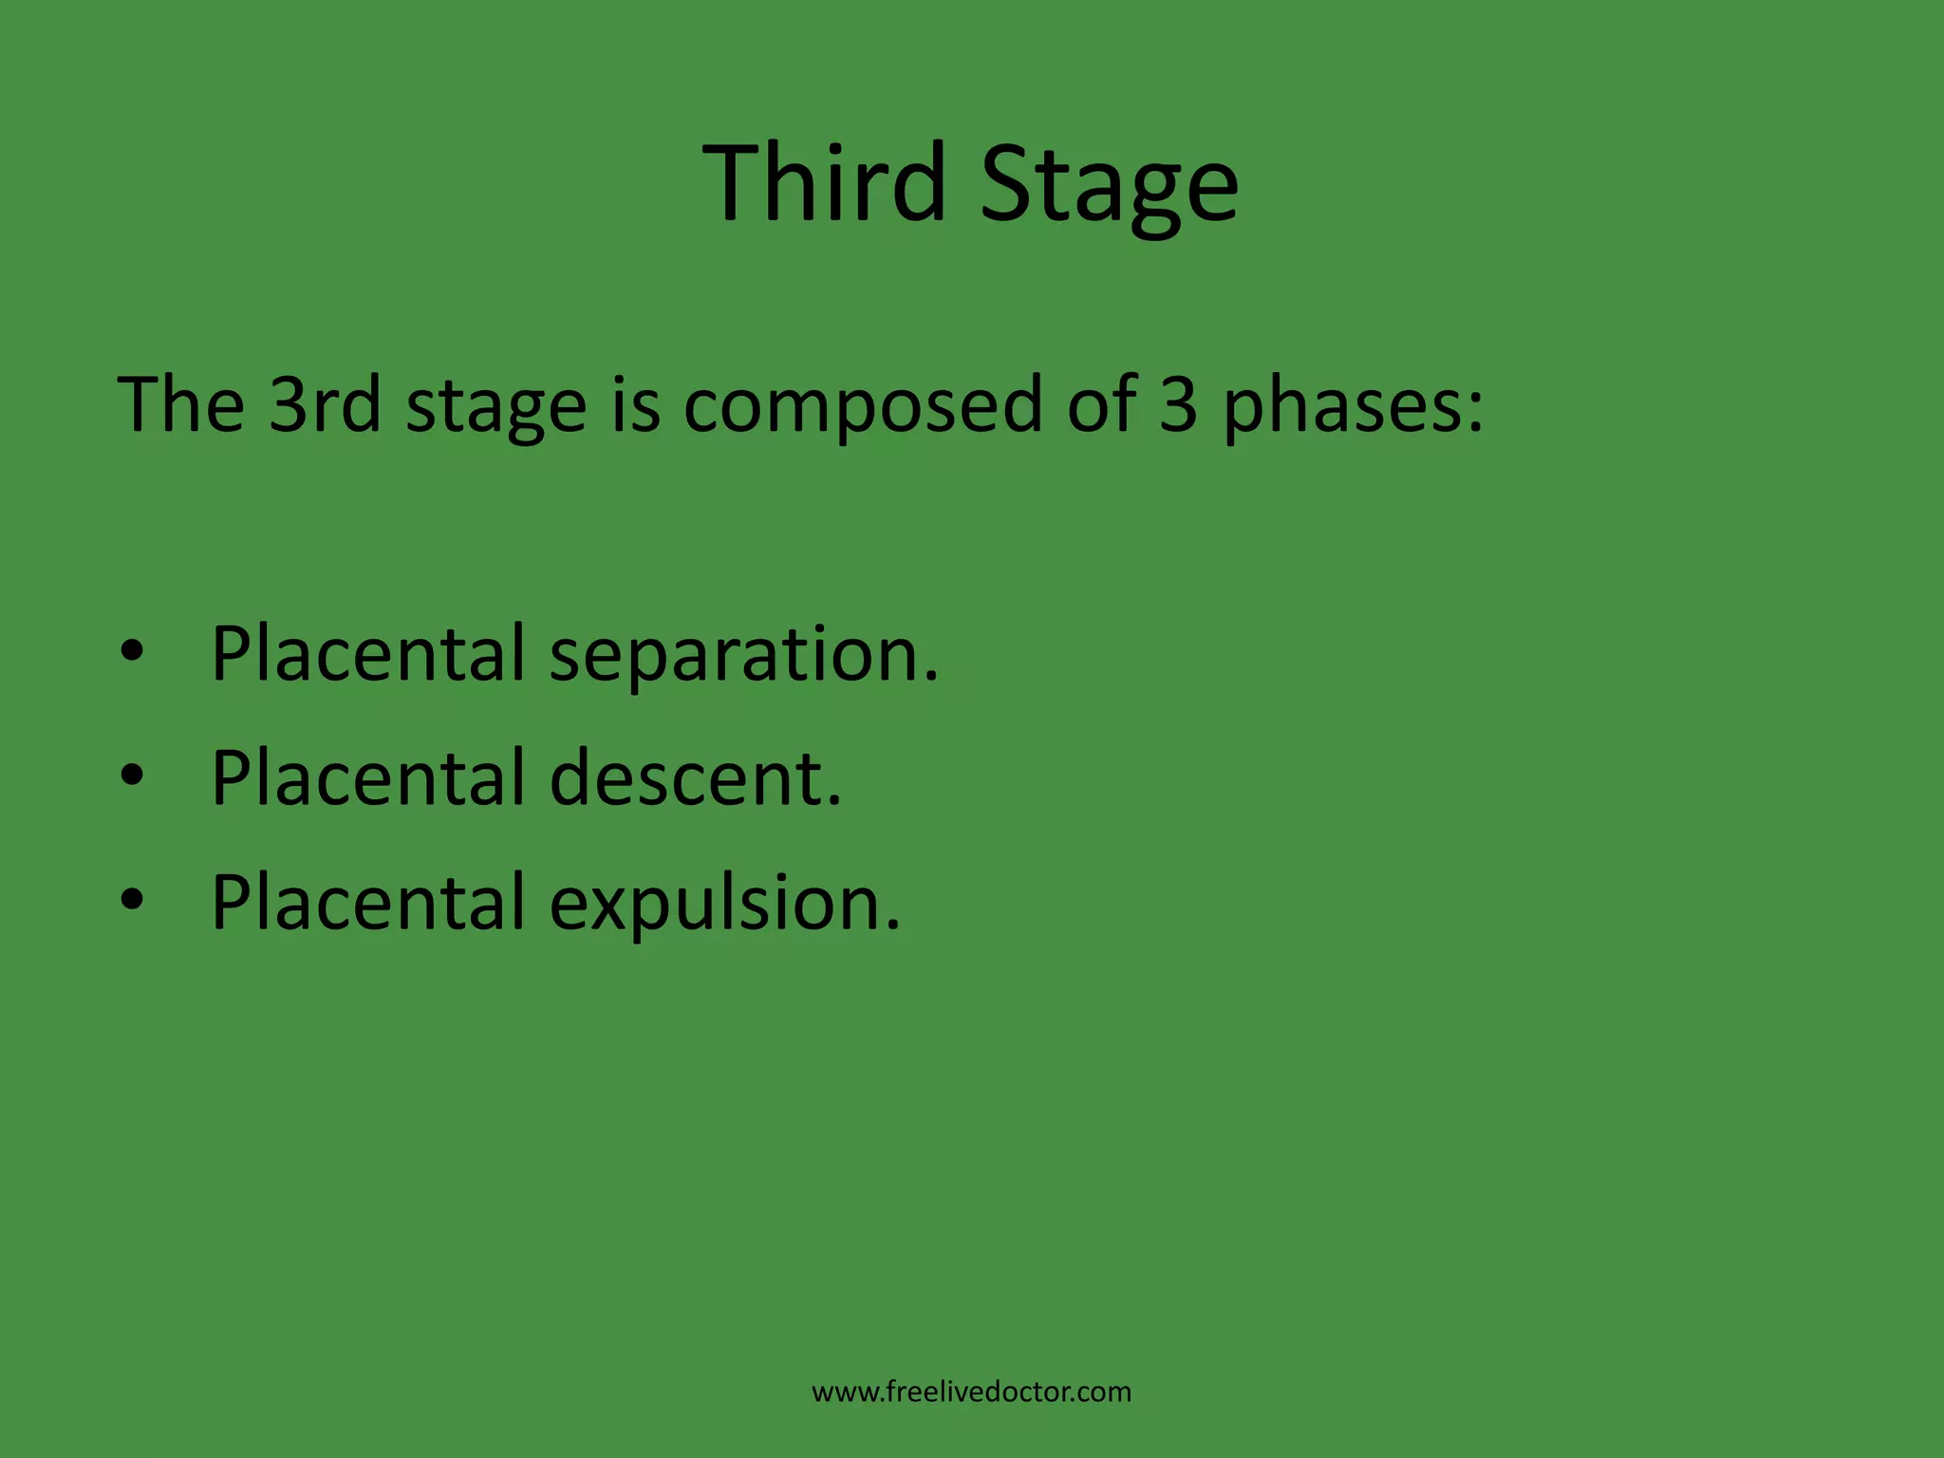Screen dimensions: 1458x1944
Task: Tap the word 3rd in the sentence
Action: pos(325,404)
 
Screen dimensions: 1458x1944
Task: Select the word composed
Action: pos(862,406)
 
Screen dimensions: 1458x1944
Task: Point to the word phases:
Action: pos(1353,406)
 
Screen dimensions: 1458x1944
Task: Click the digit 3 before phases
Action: pos(1178,404)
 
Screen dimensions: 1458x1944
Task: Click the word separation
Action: pos(744,655)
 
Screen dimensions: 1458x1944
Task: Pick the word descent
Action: pos(696,778)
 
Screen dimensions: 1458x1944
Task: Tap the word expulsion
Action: pos(725,904)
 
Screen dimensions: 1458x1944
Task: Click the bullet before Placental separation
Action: pos(132,652)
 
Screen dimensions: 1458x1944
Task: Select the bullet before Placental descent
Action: pos(132,776)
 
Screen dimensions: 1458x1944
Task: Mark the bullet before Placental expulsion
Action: pos(132,899)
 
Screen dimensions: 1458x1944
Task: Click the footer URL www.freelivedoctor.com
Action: pos(971,1393)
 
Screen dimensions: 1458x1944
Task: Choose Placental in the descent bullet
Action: pos(368,777)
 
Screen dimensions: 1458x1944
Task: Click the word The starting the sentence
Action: pos(180,404)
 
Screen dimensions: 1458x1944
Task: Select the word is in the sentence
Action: pos(635,404)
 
